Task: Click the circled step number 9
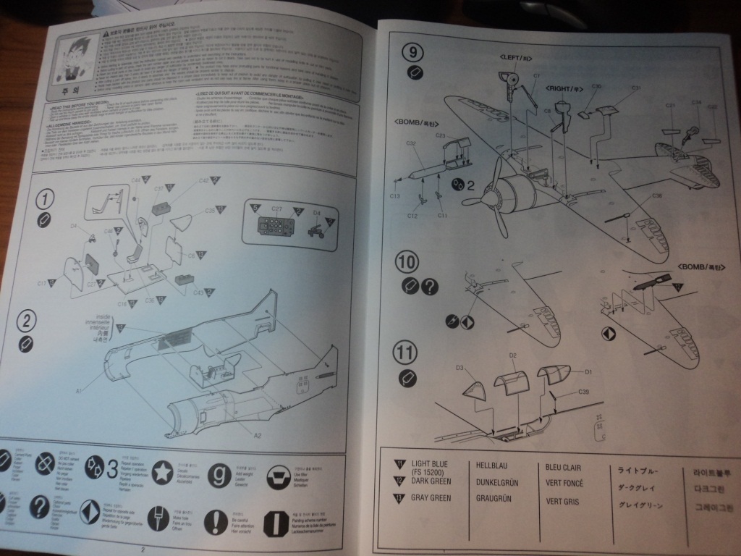pos(412,52)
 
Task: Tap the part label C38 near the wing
pos(657,196)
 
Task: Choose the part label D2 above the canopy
pos(512,355)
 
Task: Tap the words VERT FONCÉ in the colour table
pos(564,484)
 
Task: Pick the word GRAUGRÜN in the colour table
pos(495,499)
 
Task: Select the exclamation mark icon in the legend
pos(214,518)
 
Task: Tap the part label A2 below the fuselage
pos(258,435)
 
